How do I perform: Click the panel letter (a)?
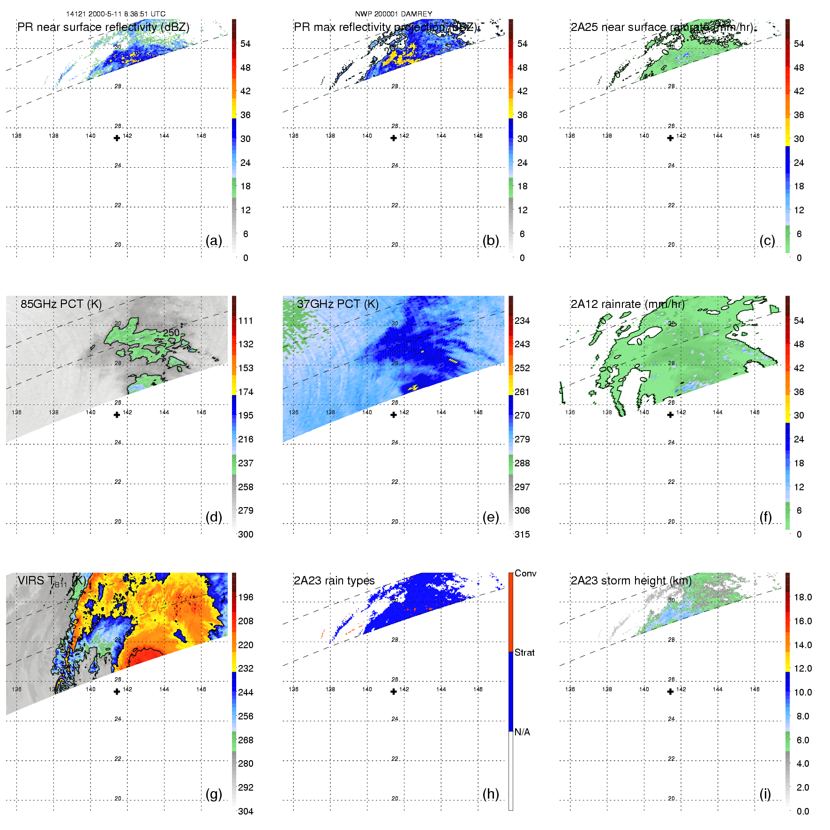click(214, 241)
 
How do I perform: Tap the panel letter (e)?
click(490, 517)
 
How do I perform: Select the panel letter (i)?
click(765, 794)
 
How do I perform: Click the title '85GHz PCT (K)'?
click(61, 304)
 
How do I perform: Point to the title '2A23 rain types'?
click(334, 581)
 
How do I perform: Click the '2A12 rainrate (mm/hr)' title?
click(628, 304)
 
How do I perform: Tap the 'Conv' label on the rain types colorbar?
click(525, 573)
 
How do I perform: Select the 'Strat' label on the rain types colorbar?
click(524, 652)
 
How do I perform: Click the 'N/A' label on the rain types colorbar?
click(522, 732)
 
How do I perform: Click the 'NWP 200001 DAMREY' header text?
click(394, 14)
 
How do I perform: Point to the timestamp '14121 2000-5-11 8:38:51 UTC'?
click(116, 14)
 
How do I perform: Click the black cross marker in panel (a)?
click(117, 138)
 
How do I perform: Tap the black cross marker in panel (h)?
click(394, 692)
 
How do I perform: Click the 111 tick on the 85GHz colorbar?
click(246, 321)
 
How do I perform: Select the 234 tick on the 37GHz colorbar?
click(522, 321)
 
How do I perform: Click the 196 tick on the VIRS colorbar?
click(246, 597)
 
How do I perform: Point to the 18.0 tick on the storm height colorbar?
click(803, 597)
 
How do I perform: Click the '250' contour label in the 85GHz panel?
click(171, 332)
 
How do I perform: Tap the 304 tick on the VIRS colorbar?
click(246, 811)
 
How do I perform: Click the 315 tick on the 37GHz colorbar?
click(522, 534)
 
